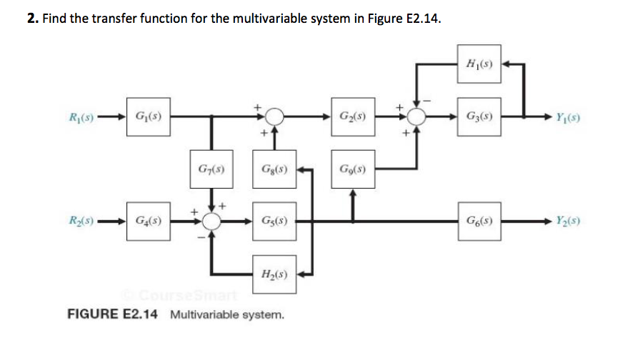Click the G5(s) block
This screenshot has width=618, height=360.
click(273, 220)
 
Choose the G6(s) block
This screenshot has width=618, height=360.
click(477, 220)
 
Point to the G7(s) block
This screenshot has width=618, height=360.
click(210, 171)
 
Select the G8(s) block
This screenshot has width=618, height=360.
click(273, 171)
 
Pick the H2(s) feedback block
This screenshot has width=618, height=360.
click(273, 274)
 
